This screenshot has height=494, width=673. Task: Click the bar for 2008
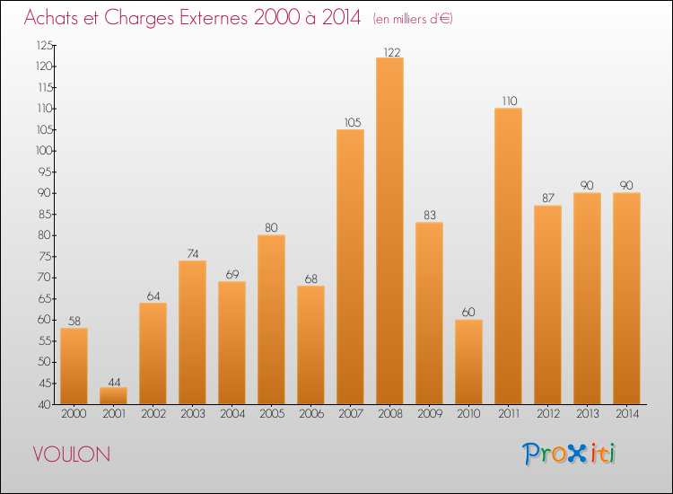389,231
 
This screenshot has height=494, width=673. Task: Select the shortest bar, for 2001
113,395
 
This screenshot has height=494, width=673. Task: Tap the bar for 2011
508,256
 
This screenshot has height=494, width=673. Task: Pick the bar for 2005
271,320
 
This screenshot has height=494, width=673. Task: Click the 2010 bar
468,362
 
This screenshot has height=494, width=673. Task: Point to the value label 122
392,52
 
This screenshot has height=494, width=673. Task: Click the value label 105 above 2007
353,122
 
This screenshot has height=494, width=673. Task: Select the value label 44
114,382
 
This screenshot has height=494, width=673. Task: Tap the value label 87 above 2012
548,198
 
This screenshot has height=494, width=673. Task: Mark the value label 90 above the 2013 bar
587,185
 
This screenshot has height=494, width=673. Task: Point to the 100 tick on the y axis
45,151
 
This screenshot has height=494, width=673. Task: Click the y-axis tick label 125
45,45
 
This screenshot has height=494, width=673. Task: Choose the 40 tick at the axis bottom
45,405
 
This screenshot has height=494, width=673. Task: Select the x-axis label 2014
627,414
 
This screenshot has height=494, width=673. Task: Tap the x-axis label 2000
74,414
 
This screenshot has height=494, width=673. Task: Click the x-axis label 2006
311,414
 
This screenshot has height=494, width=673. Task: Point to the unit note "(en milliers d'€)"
413,20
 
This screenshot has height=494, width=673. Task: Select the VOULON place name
72,454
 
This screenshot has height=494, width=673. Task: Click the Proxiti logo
569,454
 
